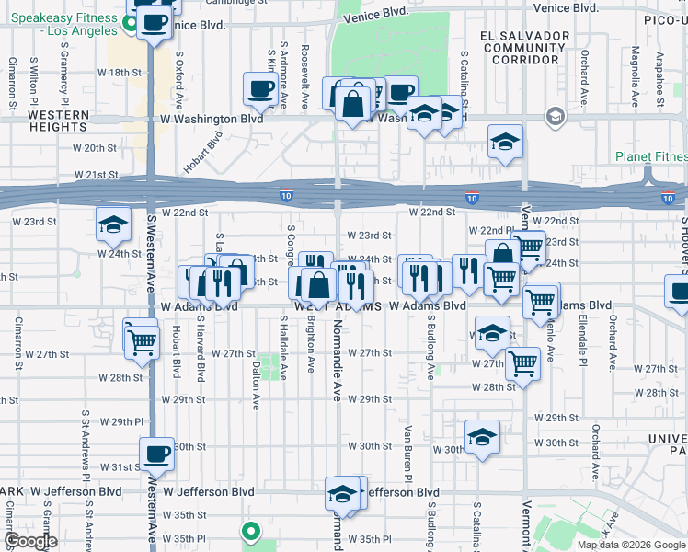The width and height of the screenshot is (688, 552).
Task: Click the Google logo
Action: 30,541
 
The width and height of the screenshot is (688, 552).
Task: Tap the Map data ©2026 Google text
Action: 631,545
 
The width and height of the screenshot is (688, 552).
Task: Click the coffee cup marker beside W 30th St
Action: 156,454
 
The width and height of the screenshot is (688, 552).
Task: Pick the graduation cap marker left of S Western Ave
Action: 112,224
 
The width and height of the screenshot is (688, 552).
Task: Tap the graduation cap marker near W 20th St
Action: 504,142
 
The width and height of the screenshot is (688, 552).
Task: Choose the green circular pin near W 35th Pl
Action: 249,531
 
